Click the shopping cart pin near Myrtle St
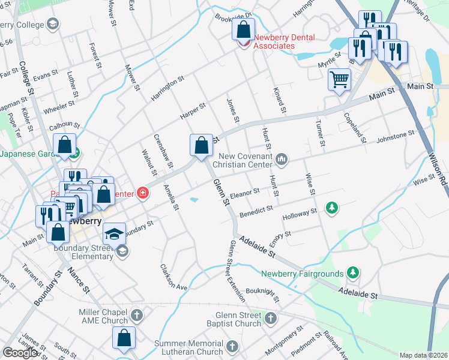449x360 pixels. click(x=339, y=79)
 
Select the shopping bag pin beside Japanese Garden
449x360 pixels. click(x=64, y=145)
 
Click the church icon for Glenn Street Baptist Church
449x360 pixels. click(x=271, y=317)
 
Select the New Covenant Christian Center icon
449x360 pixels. click(x=282, y=158)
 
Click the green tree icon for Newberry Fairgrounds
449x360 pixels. click(x=354, y=273)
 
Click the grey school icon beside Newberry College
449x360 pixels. click(x=52, y=25)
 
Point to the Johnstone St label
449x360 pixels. click(x=395, y=137)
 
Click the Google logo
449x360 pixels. click(x=20, y=353)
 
